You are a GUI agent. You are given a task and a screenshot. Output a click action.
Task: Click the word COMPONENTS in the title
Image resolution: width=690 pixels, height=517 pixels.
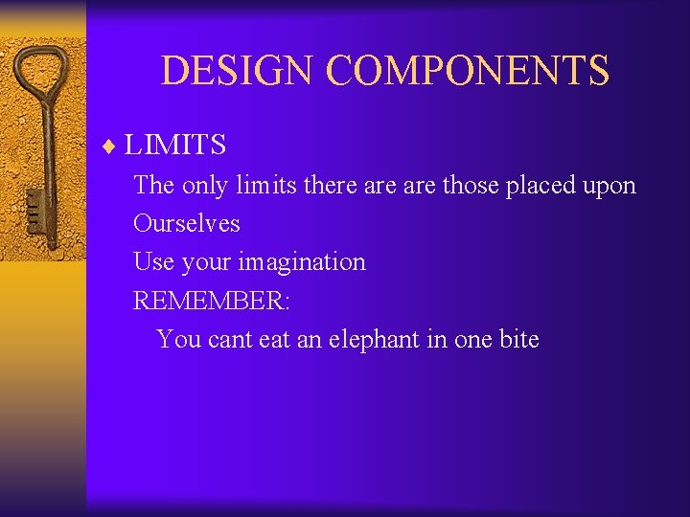tap(467, 71)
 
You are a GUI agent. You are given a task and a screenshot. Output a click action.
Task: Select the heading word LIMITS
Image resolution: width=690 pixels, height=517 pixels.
tap(175, 146)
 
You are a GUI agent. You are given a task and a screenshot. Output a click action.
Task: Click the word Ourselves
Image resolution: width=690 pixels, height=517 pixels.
tap(187, 223)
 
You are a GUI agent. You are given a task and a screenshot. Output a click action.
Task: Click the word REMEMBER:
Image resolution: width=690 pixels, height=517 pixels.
tap(212, 301)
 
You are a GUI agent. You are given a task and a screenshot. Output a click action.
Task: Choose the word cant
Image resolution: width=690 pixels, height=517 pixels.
tap(228, 340)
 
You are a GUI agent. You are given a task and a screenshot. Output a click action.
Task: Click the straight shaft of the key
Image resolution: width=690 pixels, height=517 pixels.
tap(41, 153)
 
